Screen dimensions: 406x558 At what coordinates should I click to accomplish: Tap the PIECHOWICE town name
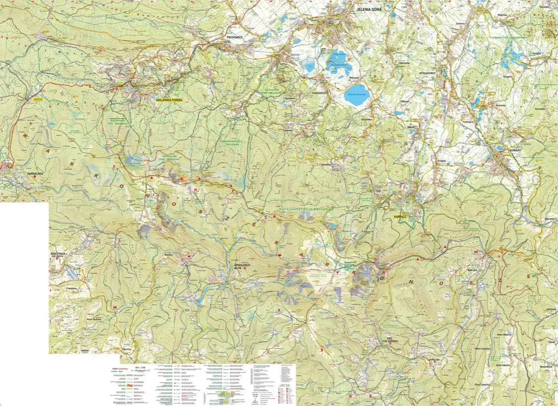[234, 37]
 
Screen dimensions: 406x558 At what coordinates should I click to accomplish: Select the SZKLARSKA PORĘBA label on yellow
[169, 100]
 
